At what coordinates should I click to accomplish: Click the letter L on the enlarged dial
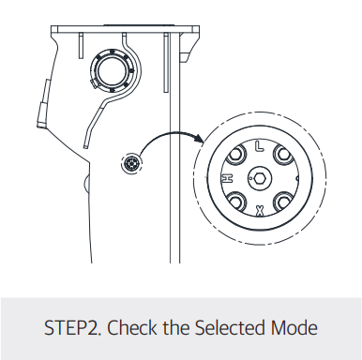[x=259, y=146]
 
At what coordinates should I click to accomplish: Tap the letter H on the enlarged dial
[x=228, y=178]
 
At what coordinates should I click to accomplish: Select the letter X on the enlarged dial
[x=259, y=211]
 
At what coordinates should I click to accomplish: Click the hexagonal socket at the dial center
[x=259, y=178]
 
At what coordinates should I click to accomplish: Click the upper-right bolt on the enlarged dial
[x=282, y=155]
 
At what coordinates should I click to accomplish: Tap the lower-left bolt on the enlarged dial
[x=236, y=202]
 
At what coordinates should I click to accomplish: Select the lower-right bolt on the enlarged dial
[x=282, y=202]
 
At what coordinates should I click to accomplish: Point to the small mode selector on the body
[x=131, y=163]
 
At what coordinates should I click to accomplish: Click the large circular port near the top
[x=111, y=70]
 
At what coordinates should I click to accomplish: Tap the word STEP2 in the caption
[x=72, y=328]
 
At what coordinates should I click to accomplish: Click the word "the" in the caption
[x=176, y=327]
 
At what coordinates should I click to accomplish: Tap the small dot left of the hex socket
[x=250, y=178]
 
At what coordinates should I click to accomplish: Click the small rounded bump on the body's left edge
[x=86, y=183]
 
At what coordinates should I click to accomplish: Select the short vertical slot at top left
[x=81, y=46]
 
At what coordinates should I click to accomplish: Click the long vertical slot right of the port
[x=166, y=63]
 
